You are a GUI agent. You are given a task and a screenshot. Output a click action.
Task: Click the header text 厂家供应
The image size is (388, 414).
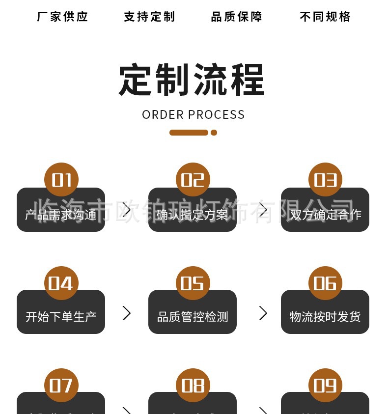click(x=62, y=17)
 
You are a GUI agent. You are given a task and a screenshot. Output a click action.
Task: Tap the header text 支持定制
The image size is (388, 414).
click(x=149, y=17)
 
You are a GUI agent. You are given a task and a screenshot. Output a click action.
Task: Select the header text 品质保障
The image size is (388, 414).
click(x=237, y=17)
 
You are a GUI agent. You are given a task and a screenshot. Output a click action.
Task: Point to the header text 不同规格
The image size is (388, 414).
click(x=325, y=17)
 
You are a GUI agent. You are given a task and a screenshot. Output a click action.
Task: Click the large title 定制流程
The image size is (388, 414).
click(x=192, y=80)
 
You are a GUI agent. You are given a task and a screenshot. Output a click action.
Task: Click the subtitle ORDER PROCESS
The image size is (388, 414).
click(x=194, y=114)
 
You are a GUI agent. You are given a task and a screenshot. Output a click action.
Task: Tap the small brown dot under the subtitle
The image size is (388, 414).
click(x=214, y=133)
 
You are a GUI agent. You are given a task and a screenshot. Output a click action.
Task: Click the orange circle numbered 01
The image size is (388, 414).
click(x=61, y=180)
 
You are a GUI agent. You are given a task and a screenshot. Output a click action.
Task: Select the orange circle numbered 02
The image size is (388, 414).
click(x=193, y=180)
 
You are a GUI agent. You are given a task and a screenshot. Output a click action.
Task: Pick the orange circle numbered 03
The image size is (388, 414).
click(x=325, y=180)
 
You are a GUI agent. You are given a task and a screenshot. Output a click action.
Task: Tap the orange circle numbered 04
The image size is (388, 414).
click(x=61, y=283)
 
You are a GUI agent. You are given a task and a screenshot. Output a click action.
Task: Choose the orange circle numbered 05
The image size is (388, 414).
click(x=193, y=283)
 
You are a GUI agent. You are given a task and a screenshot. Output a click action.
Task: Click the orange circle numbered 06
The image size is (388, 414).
click(x=325, y=283)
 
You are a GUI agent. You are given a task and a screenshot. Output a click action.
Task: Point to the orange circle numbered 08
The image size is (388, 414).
click(x=193, y=386)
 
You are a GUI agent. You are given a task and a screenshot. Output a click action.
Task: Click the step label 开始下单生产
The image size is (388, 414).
click(x=61, y=317)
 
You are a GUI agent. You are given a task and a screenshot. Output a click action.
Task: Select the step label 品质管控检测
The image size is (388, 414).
click(x=193, y=317)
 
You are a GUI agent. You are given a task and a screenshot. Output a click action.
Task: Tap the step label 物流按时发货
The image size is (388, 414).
click(x=325, y=317)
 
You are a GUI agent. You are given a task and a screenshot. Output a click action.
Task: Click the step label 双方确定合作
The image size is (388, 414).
click(x=325, y=215)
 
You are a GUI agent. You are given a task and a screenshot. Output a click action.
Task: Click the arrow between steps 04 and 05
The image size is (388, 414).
click(x=127, y=313)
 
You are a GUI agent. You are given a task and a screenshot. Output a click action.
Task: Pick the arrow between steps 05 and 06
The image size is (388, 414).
click(x=263, y=313)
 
